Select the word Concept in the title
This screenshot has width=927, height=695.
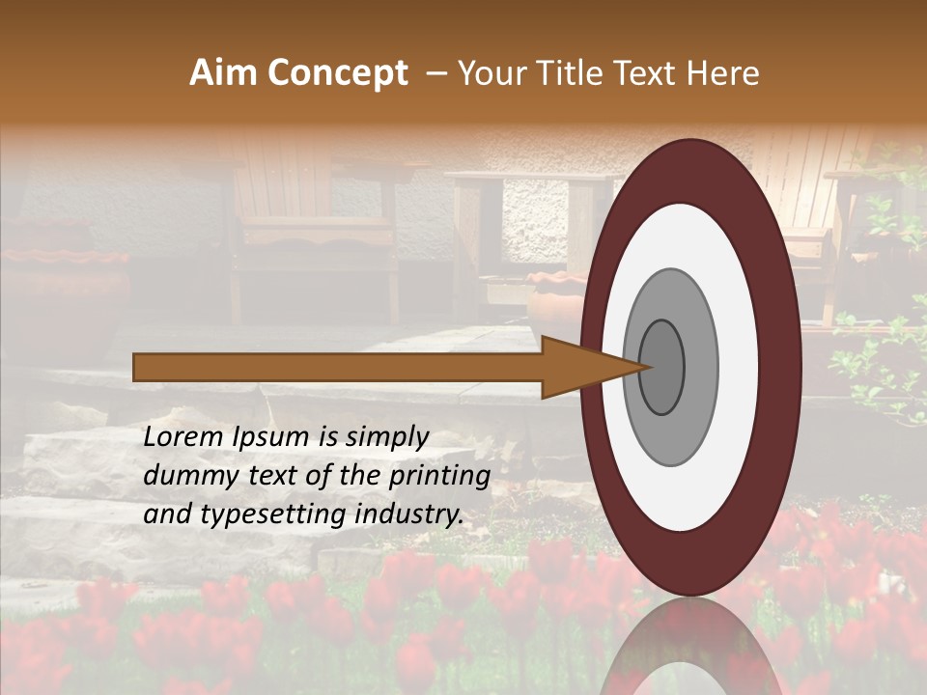pyautogui.click(x=339, y=73)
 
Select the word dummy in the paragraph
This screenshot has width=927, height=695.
pyautogui.click(x=183, y=476)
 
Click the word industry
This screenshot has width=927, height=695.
pyautogui.click(x=409, y=514)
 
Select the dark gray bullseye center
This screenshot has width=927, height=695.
pyautogui.click(x=662, y=368)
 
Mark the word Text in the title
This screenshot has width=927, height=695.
pyautogui.click(x=647, y=73)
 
